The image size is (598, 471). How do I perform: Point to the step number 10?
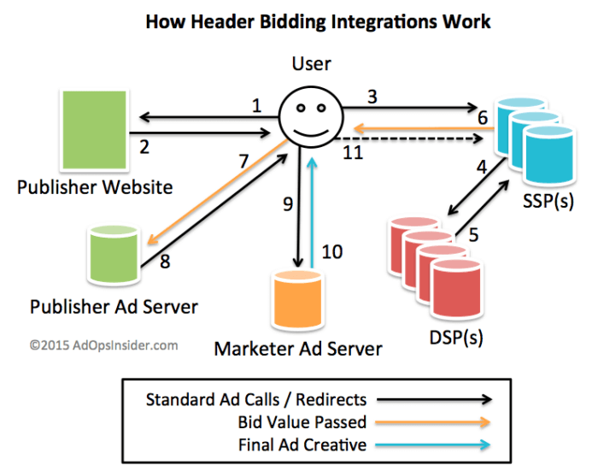pyautogui.click(x=332, y=251)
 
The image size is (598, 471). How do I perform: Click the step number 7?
pyautogui.click(x=243, y=161)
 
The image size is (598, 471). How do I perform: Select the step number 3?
pyautogui.click(x=372, y=96)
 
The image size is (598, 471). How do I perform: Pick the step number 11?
pyautogui.click(x=353, y=153)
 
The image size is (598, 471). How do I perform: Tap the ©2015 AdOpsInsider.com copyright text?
pyautogui.click(x=103, y=345)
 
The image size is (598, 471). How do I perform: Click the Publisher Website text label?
pyautogui.click(x=95, y=186)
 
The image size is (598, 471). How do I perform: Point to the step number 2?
pyautogui.click(x=144, y=147)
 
